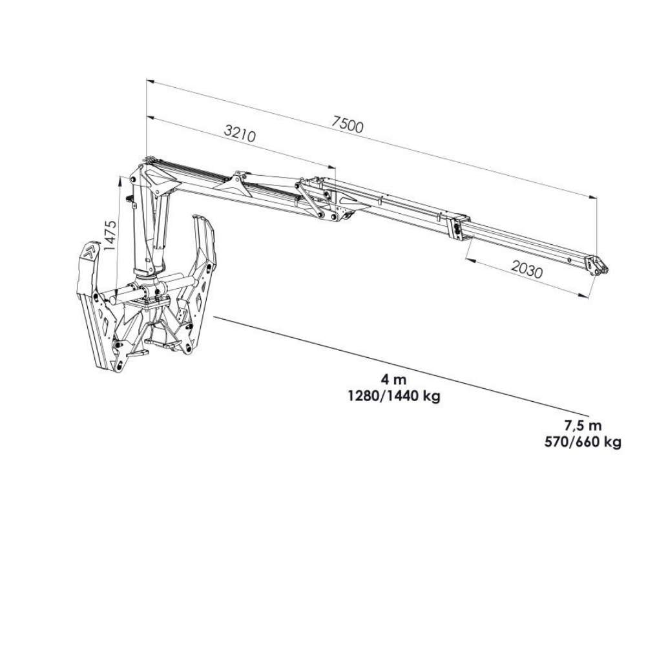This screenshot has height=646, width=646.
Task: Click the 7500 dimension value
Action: point(348,125)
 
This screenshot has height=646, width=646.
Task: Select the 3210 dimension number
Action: point(240,134)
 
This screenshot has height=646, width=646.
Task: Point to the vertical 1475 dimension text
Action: point(110,236)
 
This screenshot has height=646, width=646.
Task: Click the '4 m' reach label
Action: point(393,379)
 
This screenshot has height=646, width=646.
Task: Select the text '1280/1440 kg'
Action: point(394,397)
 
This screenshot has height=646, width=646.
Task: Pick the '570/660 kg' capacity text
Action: point(583,443)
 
